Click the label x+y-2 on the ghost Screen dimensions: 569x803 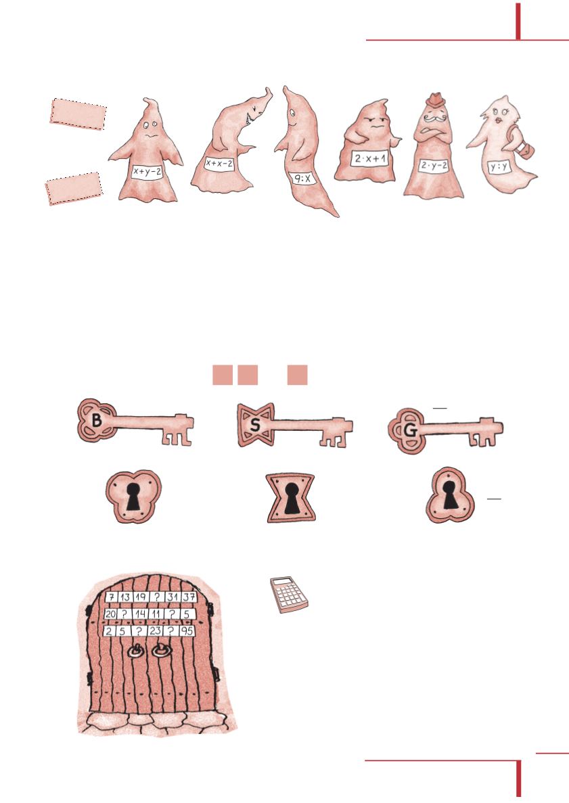[147, 172]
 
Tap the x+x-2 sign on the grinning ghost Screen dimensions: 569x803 [219, 163]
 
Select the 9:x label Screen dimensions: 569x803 [303, 179]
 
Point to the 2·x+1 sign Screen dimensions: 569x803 [370, 158]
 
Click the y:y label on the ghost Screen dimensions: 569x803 [498, 166]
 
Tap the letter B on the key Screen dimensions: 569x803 [96, 421]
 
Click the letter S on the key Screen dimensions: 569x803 [255, 425]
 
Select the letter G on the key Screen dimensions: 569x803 [410, 431]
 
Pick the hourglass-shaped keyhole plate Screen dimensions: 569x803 [290, 498]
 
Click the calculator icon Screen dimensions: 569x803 [290, 595]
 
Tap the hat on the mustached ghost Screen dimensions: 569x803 [436, 99]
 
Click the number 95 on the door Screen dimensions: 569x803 [187, 631]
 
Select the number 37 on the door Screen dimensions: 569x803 [189, 596]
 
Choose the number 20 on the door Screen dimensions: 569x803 [110, 614]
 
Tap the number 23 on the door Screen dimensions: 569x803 [155, 631]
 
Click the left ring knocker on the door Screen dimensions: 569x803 [137, 652]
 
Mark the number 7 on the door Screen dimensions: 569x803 [112, 597]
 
